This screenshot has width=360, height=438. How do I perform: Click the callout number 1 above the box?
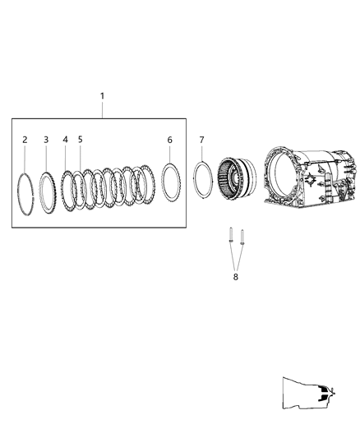102,96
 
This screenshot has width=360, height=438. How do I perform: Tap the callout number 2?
25,140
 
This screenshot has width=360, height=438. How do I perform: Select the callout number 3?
46,140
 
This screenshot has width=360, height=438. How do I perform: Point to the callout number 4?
66,140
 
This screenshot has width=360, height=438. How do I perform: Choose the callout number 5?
81,140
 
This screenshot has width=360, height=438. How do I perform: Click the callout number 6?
170,140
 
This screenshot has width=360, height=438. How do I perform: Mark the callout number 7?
201,140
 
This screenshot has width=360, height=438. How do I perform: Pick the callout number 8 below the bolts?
236,277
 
